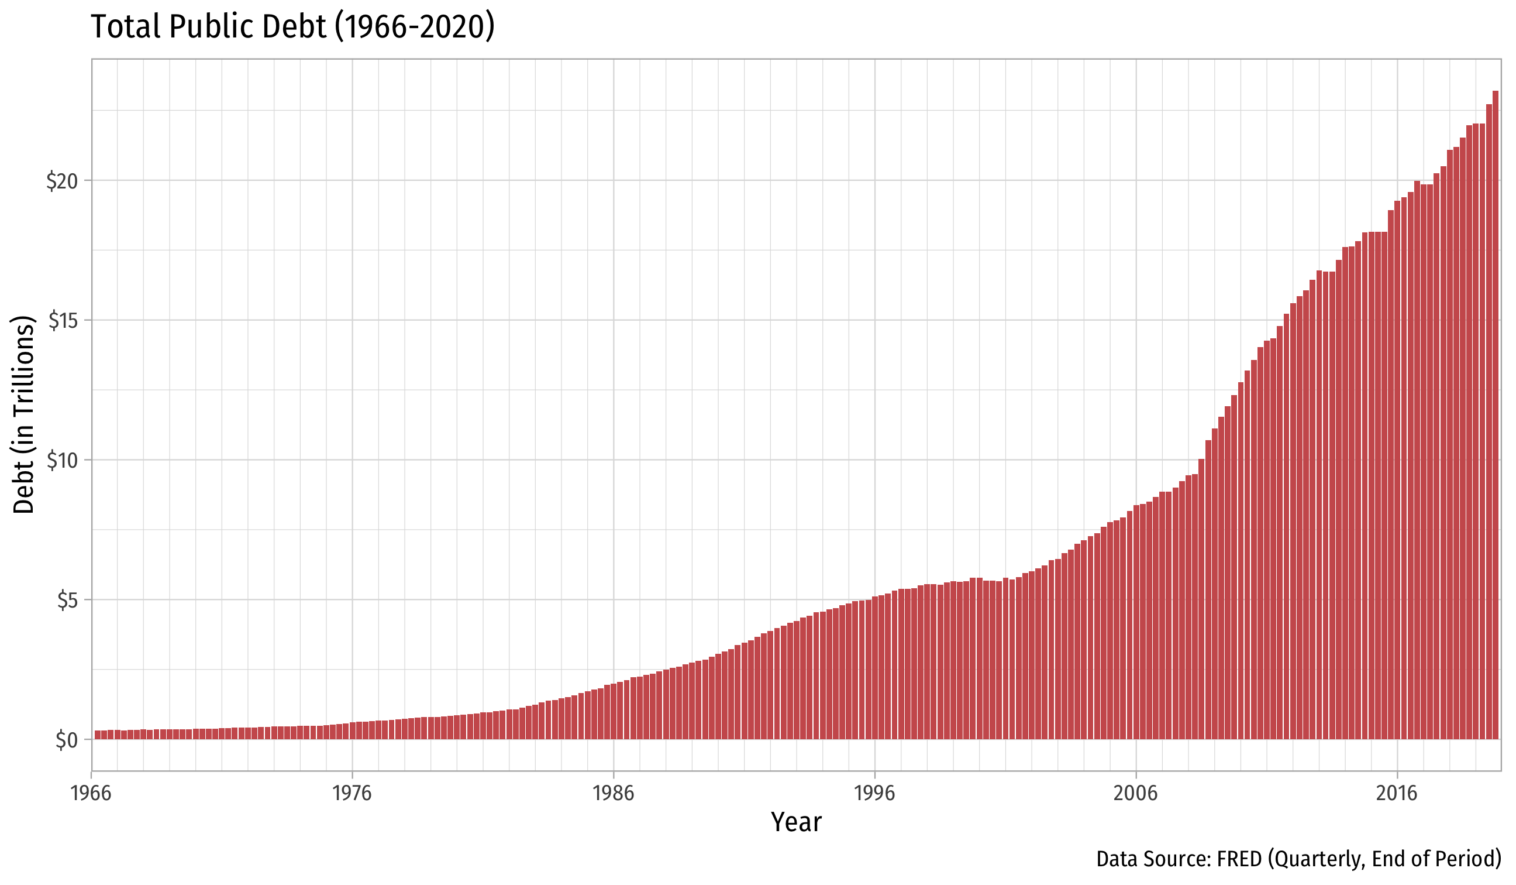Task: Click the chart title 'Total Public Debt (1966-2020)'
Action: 292,27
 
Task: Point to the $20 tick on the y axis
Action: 63,181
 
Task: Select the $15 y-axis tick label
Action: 63,321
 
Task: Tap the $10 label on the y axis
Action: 63,461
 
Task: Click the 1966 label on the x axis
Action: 91,794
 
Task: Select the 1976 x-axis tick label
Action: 353,794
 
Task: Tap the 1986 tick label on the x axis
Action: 614,794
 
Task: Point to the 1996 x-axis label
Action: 875,794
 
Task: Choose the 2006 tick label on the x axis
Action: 1136,794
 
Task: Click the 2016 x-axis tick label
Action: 1397,794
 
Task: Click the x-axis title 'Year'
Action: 796,822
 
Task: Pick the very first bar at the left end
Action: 98,735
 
